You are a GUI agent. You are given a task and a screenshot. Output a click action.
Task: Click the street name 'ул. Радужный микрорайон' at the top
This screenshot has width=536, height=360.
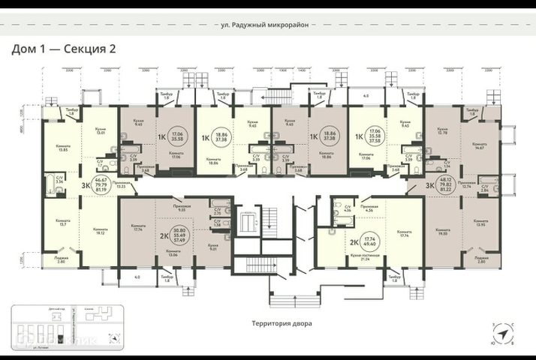[267, 24]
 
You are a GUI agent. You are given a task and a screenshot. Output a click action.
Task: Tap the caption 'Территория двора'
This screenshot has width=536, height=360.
[282, 324]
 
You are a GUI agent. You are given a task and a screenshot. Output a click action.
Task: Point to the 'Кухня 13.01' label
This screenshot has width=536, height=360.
[100, 132]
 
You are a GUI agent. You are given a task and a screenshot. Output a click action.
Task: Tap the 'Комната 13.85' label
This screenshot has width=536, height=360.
[63, 148]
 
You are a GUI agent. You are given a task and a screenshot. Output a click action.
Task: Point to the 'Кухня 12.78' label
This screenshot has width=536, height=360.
[441, 133]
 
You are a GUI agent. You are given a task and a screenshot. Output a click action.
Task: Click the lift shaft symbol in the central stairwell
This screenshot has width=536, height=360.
[248, 223]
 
